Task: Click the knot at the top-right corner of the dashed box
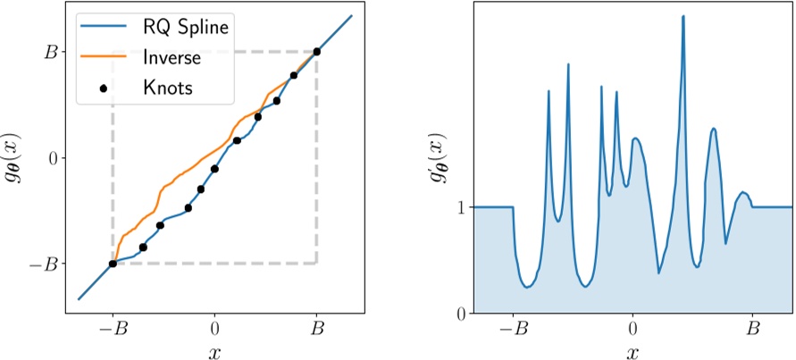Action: (x=316, y=52)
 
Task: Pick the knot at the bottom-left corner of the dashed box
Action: (x=113, y=264)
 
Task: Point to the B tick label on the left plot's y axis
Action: (x=50, y=52)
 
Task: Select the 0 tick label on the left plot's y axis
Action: (x=51, y=158)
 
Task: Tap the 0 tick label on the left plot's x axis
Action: (x=214, y=328)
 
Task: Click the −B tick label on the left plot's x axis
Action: (x=113, y=328)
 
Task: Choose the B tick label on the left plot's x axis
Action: (x=316, y=328)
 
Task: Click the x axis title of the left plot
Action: (x=214, y=351)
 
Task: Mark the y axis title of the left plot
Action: (x=15, y=158)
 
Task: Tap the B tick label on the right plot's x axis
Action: (x=753, y=328)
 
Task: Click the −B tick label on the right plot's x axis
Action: (x=513, y=328)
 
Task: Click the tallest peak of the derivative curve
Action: (x=683, y=16)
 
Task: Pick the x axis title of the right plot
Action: (x=633, y=351)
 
